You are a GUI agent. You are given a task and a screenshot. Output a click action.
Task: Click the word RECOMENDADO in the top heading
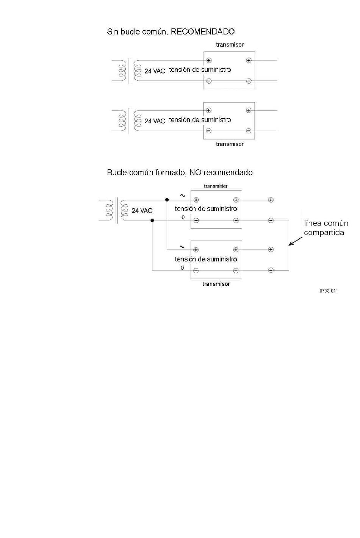pyautogui.click(x=202, y=31)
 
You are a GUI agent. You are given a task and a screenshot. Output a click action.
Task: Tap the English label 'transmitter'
pyautogui.click(x=215, y=186)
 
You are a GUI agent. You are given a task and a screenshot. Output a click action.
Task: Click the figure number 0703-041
pyautogui.click(x=329, y=291)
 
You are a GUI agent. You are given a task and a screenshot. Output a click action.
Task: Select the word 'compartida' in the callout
pyautogui.click(x=324, y=233)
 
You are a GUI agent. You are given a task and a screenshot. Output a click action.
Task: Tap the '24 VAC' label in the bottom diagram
pyautogui.click(x=142, y=210)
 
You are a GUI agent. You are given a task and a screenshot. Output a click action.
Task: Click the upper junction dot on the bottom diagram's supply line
pyautogui.click(x=167, y=200)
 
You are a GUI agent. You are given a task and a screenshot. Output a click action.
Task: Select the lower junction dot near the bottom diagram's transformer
pyautogui.click(x=152, y=220)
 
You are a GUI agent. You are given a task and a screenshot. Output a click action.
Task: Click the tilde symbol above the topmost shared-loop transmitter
pyautogui.click(x=183, y=195)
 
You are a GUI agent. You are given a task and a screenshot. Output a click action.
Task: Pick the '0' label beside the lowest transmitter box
pyautogui.click(x=182, y=267)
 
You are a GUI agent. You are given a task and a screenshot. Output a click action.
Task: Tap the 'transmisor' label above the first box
pyautogui.click(x=230, y=44)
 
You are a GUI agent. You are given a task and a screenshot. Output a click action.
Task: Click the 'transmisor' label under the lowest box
pyautogui.click(x=216, y=284)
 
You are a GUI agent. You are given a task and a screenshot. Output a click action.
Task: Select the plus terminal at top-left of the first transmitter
pyautogui.click(x=209, y=60)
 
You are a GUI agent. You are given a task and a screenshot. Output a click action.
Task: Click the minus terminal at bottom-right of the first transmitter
pyautogui.click(x=249, y=81)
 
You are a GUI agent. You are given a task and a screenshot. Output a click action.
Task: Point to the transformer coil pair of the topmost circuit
pyautogui.click(x=130, y=70)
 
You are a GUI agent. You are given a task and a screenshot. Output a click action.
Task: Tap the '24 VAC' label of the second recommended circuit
pyautogui.click(x=155, y=121)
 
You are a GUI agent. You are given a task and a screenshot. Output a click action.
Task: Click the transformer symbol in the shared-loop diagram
pyautogui.click(x=117, y=210)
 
